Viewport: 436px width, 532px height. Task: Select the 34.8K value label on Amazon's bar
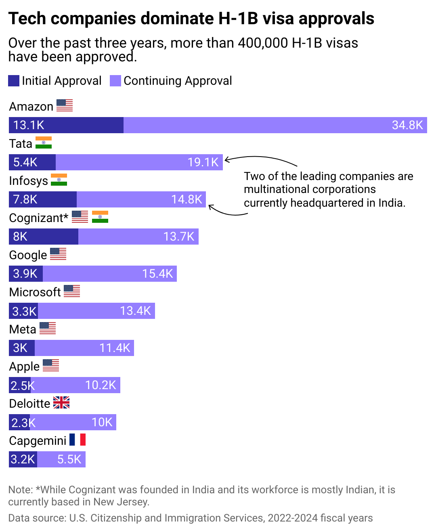tap(407, 125)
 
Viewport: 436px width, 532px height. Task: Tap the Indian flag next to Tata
tap(44, 143)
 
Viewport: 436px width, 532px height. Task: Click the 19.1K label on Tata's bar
tap(203, 162)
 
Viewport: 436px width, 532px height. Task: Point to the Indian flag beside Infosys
tap(59, 180)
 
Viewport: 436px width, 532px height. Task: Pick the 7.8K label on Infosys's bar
tap(25, 199)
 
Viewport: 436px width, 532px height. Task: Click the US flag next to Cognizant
tap(80, 217)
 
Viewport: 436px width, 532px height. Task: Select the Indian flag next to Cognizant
tap(100, 217)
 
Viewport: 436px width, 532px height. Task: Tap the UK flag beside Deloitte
tap(61, 403)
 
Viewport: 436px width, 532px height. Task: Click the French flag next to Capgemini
tap(78, 440)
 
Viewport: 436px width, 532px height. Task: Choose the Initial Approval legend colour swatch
tap(14, 81)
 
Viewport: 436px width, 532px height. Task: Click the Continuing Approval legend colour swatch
tap(115, 81)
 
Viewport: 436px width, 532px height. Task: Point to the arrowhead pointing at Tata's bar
tap(226, 160)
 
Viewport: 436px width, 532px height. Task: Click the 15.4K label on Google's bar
tap(157, 274)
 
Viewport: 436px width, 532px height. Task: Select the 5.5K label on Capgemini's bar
tap(69, 459)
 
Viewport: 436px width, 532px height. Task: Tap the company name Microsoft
tap(35, 292)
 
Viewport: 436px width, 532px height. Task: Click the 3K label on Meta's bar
tap(20, 348)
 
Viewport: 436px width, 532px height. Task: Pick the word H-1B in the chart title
tap(238, 19)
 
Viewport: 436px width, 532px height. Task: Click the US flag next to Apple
tap(51, 366)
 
